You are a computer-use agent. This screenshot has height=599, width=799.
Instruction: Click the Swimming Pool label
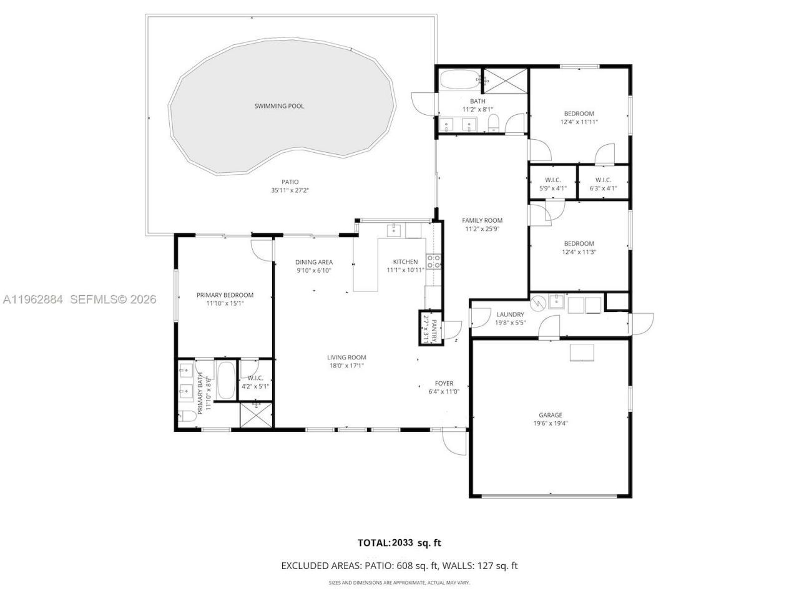279,106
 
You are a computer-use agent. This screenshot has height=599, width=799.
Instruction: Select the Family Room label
482,220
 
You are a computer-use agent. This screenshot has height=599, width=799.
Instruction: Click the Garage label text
551,415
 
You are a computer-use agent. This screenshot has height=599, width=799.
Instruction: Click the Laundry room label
510,314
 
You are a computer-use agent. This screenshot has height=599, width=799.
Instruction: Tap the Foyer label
444,383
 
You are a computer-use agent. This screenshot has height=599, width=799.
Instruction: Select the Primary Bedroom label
225,295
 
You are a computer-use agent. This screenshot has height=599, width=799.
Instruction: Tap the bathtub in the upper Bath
459,80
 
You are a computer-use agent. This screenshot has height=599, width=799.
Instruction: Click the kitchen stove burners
433,260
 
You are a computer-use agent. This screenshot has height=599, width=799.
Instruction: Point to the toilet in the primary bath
187,417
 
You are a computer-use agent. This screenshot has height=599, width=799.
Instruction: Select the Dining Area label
314,262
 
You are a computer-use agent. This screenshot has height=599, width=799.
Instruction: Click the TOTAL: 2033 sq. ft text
399,543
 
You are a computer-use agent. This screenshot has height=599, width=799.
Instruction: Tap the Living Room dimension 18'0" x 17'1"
346,366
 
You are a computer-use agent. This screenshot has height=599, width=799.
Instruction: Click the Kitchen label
405,261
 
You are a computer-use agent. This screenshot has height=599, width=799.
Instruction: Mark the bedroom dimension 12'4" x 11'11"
579,122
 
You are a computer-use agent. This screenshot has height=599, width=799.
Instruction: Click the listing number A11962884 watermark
33,299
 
